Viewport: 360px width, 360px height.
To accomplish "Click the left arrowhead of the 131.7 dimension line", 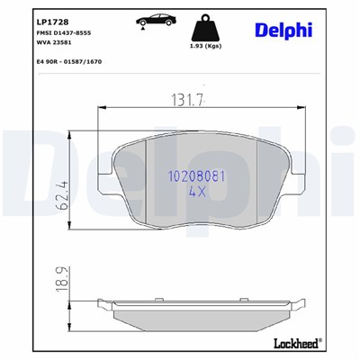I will pyautogui.click(x=98, y=108).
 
